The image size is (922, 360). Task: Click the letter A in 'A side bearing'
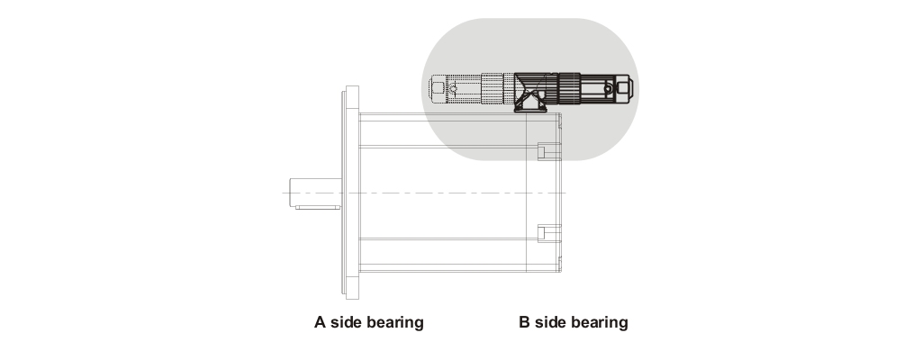click(320, 322)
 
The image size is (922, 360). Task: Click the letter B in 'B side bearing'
click(524, 322)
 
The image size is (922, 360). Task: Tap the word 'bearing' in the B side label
click(600, 322)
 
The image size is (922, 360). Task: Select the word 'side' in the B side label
click(552, 322)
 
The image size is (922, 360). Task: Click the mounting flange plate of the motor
click(350, 193)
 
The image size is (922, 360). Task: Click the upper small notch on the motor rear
click(543, 150)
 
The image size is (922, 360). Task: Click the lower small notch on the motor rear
click(543, 234)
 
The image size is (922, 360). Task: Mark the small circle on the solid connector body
click(610, 90)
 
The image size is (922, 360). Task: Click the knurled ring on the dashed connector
click(493, 89)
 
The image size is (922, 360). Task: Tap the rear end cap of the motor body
click(545, 193)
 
